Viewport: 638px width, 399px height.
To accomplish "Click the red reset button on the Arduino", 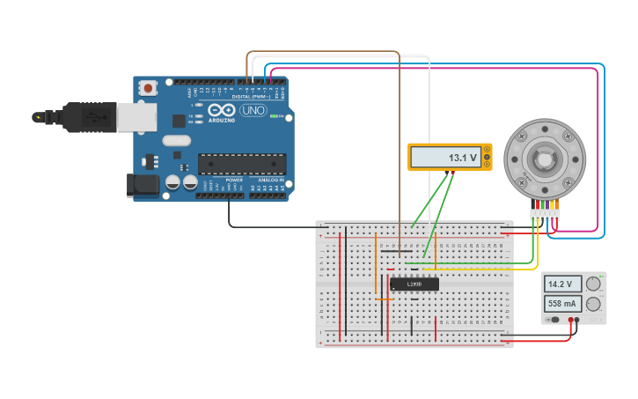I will click(149, 88).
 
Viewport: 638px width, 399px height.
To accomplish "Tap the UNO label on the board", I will click(253, 110).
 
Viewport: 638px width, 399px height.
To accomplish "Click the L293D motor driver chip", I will click(414, 284).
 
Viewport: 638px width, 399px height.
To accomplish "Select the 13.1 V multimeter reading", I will click(449, 158).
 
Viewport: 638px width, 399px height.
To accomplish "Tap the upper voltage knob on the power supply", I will click(594, 284).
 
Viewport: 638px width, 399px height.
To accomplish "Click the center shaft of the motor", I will click(544, 161).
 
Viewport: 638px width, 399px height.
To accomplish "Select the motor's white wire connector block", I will click(545, 215).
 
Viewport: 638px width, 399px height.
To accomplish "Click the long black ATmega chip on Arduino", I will click(242, 164).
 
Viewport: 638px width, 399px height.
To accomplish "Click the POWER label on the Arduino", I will click(233, 180).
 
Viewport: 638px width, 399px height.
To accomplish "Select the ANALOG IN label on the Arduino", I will click(270, 180).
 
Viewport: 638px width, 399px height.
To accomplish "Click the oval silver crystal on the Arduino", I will click(177, 140).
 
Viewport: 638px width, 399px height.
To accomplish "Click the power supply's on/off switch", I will click(554, 319).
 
